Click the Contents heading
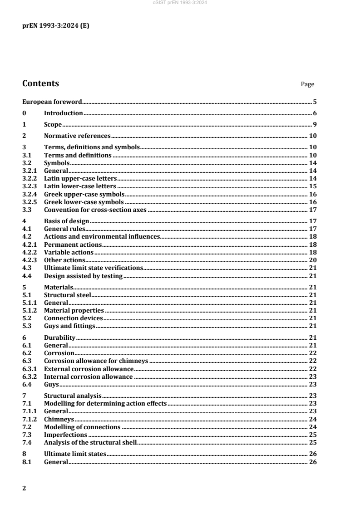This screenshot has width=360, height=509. point(40,83)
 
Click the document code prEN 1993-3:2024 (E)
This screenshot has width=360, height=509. point(56,26)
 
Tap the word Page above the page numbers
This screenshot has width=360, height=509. point(307,84)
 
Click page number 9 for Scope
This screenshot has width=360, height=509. point(314,124)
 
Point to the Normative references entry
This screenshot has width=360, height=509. point(77,136)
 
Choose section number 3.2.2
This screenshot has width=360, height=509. point(30,179)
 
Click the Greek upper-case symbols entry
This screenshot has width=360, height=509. point(84,194)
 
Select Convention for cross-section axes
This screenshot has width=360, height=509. point(95,210)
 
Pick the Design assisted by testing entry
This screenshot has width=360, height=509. point(83,275)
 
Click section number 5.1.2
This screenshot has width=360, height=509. point(30,310)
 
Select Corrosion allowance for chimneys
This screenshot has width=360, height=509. point(96,361)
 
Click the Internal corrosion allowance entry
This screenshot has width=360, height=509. point(88,376)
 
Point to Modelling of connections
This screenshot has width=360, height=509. point(82,426)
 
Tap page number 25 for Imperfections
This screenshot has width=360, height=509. point(312,434)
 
